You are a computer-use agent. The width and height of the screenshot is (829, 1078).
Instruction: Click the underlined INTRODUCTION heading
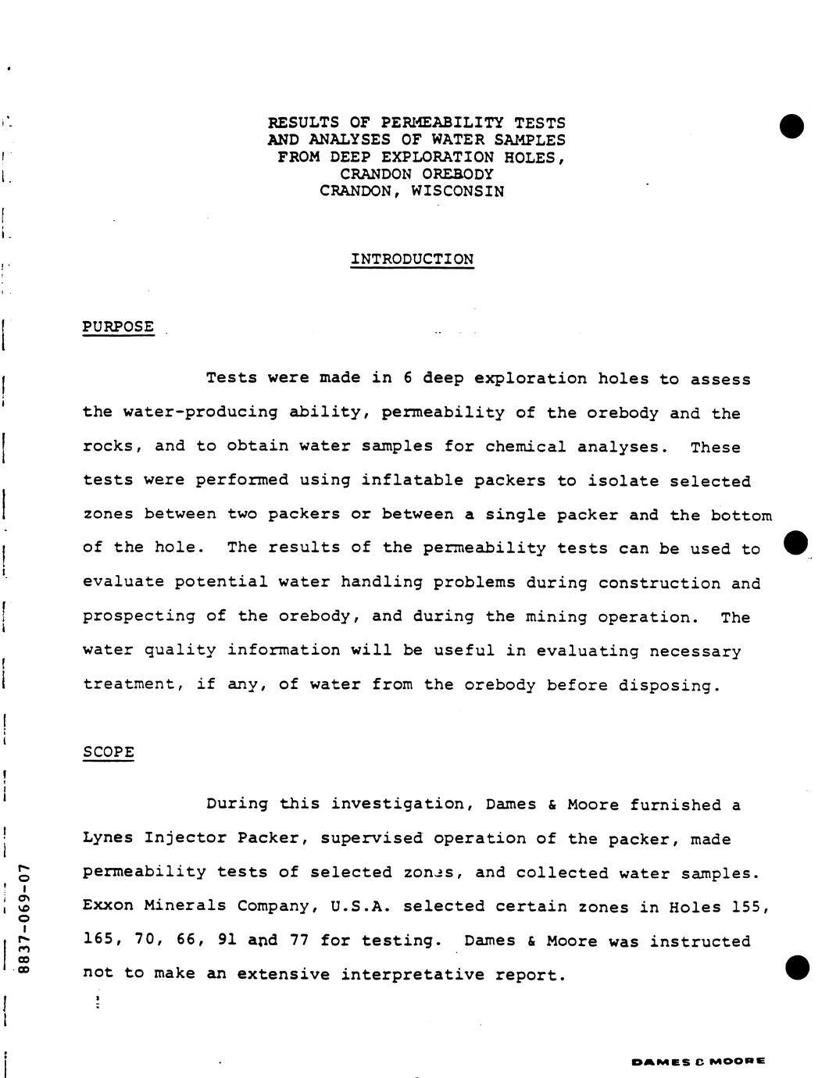tap(412, 259)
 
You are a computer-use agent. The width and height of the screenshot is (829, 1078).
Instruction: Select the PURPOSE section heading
tap(118, 327)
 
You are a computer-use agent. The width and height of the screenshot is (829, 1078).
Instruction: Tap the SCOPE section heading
tap(108, 752)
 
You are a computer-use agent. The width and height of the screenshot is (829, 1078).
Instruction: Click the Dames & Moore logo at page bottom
tap(698, 1062)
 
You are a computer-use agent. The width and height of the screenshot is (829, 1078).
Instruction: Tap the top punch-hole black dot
tap(791, 126)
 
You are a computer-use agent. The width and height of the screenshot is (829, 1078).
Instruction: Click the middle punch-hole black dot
tap(795, 543)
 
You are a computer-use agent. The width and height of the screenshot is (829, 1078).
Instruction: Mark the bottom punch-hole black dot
tap(796, 967)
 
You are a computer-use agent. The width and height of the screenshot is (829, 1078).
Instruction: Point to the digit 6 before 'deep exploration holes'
tap(407, 379)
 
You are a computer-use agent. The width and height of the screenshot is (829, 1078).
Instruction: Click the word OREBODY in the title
tap(457, 173)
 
